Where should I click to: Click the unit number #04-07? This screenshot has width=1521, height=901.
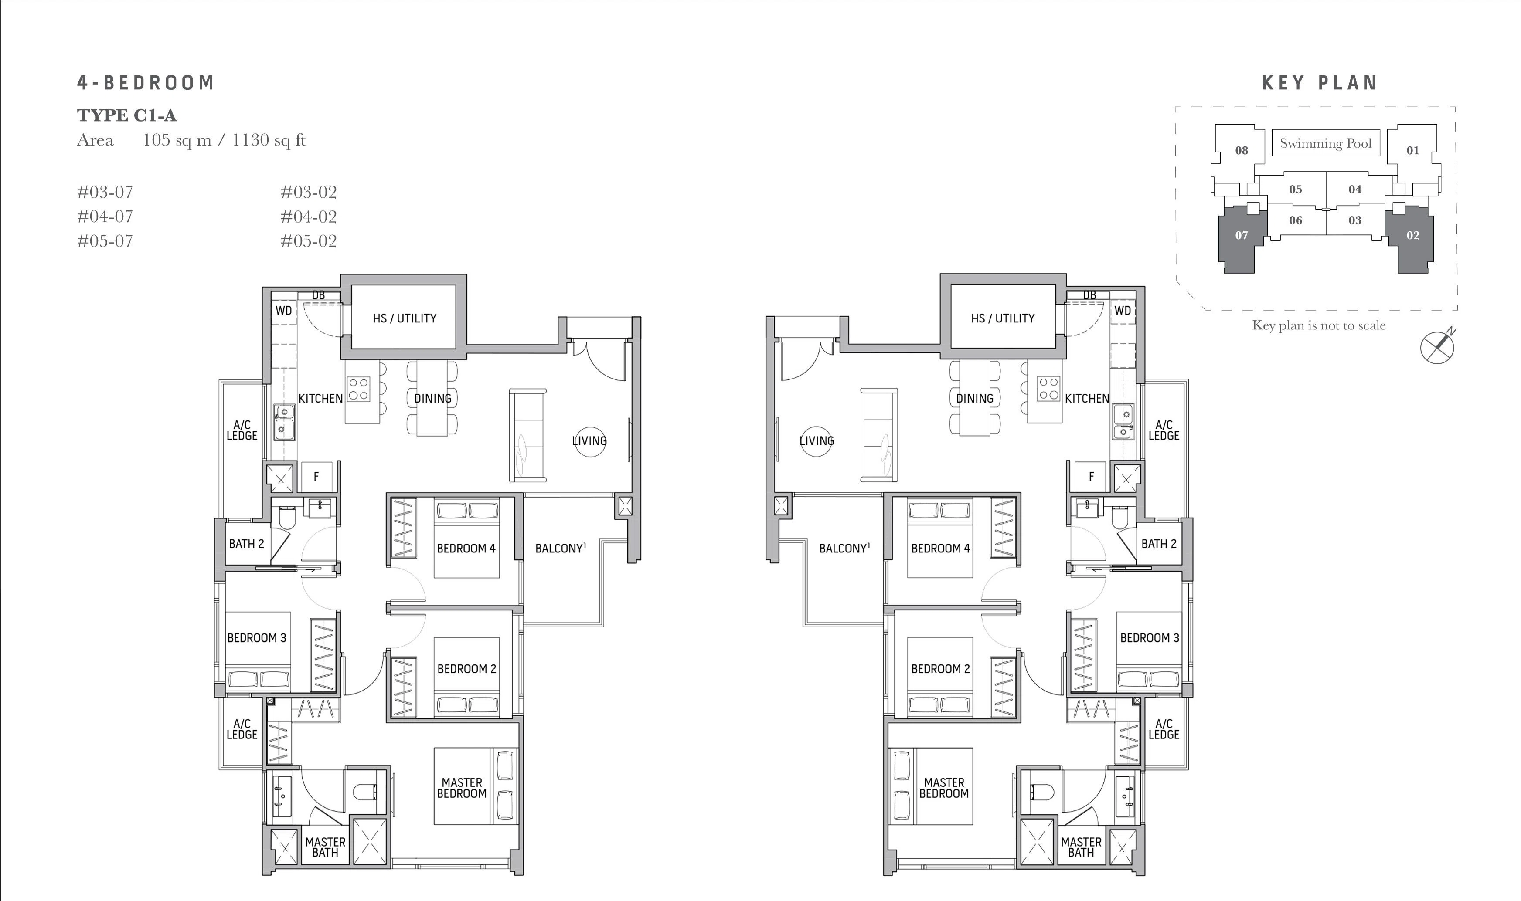(105, 217)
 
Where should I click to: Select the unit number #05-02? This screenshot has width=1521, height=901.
(309, 241)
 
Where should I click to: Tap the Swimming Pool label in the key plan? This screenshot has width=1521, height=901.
(1325, 143)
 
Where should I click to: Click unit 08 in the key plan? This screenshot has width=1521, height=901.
(1242, 151)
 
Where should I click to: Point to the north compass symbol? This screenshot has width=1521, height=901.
(1438, 346)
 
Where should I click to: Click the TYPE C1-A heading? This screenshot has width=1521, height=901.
(127, 115)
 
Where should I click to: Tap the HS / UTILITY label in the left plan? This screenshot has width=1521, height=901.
(405, 318)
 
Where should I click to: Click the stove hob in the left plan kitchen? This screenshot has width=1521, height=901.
(358, 389)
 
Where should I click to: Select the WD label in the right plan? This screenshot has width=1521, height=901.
(1123, 311)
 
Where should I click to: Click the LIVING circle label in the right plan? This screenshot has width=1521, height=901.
(817, 441)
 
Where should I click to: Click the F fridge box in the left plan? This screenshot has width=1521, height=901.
(316, 477)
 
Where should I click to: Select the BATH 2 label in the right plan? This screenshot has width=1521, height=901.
(1159, 544)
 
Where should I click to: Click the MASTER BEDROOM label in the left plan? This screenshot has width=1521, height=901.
(462, 788)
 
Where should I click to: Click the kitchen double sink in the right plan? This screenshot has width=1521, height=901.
(1124, 423)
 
